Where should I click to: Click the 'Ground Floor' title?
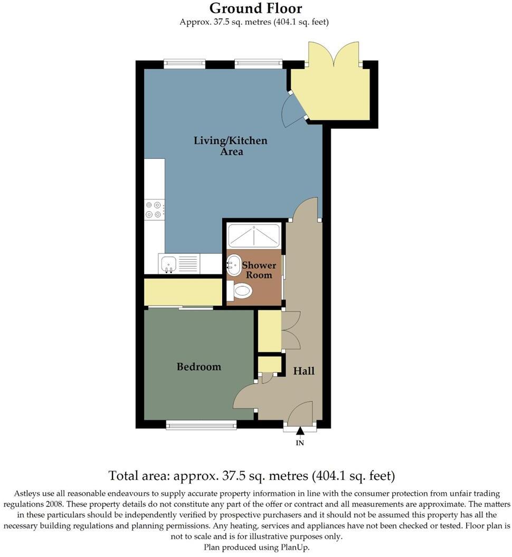click(255, 8)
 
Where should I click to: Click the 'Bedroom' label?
click(198, 367)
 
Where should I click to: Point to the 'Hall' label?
click(304, 371)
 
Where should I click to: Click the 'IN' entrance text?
click(300, 443)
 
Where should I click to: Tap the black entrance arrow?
click(300, 432)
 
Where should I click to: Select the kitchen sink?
click(169, 262)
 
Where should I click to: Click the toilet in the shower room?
click(240, 290)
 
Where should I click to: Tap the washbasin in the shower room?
click(234, 262)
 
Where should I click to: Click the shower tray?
click(253, 235)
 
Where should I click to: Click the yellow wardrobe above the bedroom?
click(183, 292)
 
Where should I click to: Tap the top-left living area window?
click(184, 64)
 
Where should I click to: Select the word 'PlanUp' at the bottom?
click(293, 548)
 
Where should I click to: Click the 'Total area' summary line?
click(251, 476)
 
